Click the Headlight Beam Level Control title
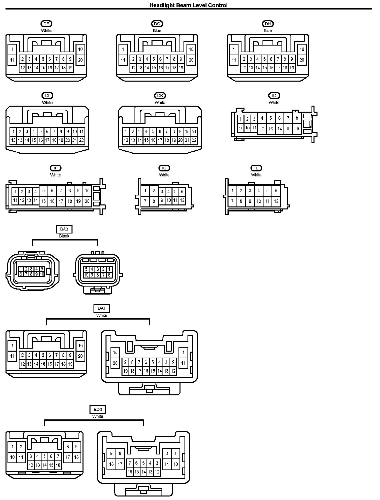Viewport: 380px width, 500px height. (x=188, y=5)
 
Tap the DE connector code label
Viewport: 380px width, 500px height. (x=46, y=24)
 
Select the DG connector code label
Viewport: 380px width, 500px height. (x=157, y=24)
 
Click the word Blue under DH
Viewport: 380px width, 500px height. (x=268, y=31)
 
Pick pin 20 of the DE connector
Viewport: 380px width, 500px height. (x=80, y=60)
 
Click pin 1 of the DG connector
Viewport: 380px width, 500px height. (x=123, y=49)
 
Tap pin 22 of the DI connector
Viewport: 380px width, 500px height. (x=81, y=140)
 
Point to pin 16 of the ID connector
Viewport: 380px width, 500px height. (x=297, y=129)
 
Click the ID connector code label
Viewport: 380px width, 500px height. (x=274, y=96)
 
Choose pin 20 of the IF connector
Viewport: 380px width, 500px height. (x=87, y=201)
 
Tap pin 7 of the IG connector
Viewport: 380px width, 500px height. (x=145, y=201)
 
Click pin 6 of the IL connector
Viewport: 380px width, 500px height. (x=276, y=191)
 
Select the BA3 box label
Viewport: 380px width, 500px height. (x=64, y=229)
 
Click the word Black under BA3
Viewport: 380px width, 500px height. (x=64, y=236)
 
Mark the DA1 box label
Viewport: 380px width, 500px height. (x=101, y=308)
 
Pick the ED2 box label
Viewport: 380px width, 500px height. (x=97, y=409)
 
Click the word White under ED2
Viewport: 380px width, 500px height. (x=97, y=416)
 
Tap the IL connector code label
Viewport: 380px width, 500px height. (x=256, y=168)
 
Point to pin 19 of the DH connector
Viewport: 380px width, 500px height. (x=291, y=68)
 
